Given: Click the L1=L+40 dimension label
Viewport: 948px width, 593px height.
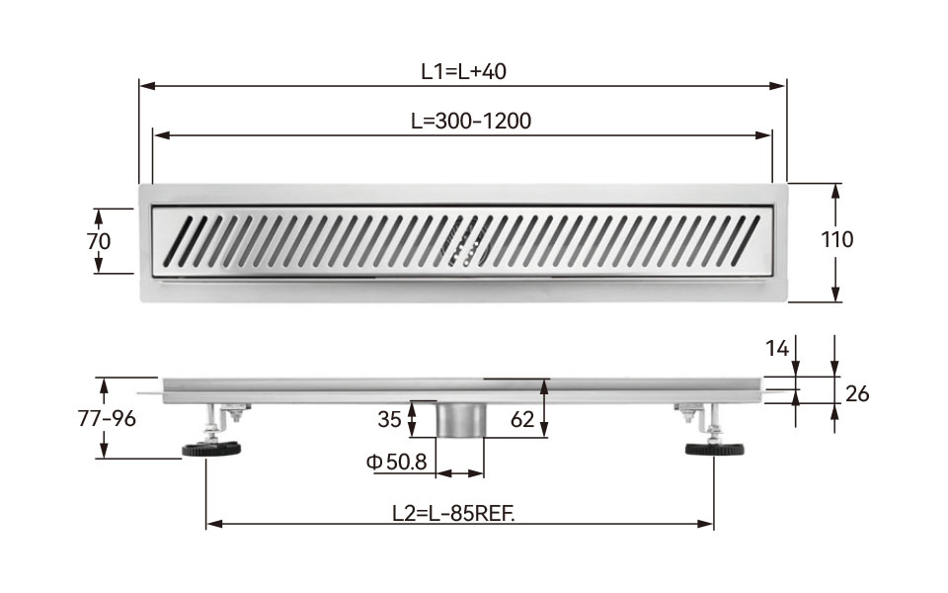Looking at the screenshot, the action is pyautogui.click(x=464, y=71).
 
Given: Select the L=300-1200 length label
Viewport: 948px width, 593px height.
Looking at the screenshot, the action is pyautogui.click(x=471, y=121).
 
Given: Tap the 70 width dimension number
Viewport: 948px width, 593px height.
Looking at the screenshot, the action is pyautogui.click(x=99, y=241).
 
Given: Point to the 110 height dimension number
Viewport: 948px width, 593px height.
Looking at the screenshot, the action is pyautogui.click(x=836, y=239).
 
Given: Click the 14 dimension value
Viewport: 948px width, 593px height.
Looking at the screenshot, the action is pyautogui.click(x=777, y=349).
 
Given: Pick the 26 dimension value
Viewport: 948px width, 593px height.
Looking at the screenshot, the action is pyautogui.click(x=857, y=394).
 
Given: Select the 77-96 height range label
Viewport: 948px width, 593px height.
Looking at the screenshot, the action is pyautogui.click(x=107, y=418).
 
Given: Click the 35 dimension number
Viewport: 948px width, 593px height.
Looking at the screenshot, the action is pyautogui.click(x=389, y=419).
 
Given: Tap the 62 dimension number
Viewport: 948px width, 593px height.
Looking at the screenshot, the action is pyautogui.click(x=522, y=419).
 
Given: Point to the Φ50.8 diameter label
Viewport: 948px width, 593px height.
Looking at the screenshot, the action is pyautogui.click(x=397, y=463).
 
